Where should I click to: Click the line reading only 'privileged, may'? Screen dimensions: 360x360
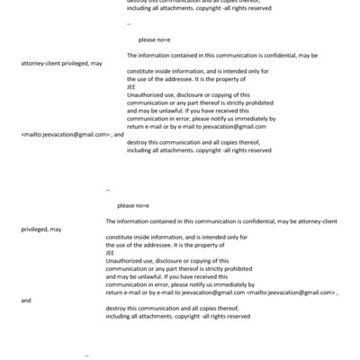point(40,229)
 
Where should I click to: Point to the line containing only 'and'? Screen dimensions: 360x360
point(24,301)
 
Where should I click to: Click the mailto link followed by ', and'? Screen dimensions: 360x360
point(64,133)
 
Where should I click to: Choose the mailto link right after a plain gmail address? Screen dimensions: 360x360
point(291,292)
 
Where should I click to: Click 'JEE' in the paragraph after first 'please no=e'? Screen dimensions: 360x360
point(131,87)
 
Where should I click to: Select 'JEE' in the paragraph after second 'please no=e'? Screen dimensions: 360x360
point(110,253)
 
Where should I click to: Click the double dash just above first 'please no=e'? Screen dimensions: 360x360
point(129,22)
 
